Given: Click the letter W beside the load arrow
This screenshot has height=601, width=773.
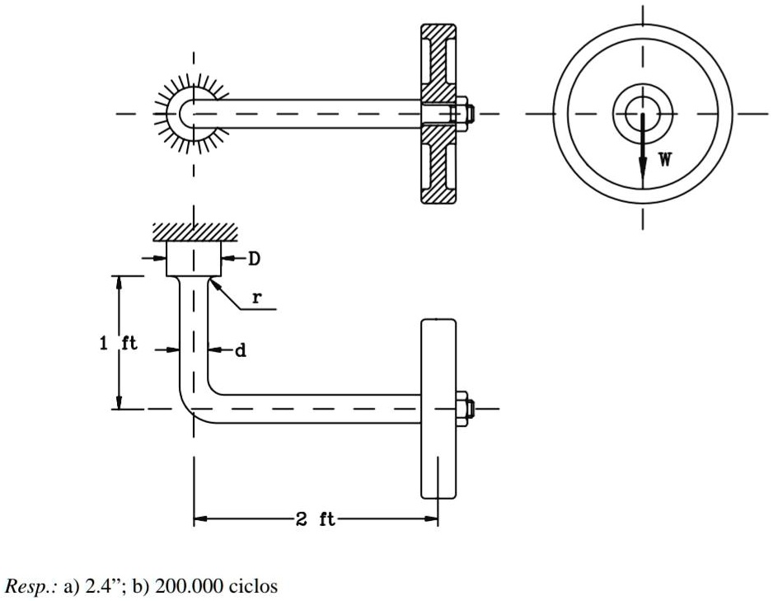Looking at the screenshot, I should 664,159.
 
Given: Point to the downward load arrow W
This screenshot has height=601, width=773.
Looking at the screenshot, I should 643,153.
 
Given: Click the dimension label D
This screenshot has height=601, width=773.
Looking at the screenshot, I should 255,259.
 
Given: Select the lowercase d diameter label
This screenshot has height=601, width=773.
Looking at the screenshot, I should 241,350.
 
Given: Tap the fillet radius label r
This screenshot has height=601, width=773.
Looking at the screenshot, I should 257,298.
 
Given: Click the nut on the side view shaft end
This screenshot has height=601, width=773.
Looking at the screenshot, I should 462,408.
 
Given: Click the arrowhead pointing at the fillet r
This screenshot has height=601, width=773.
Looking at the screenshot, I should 213,283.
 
